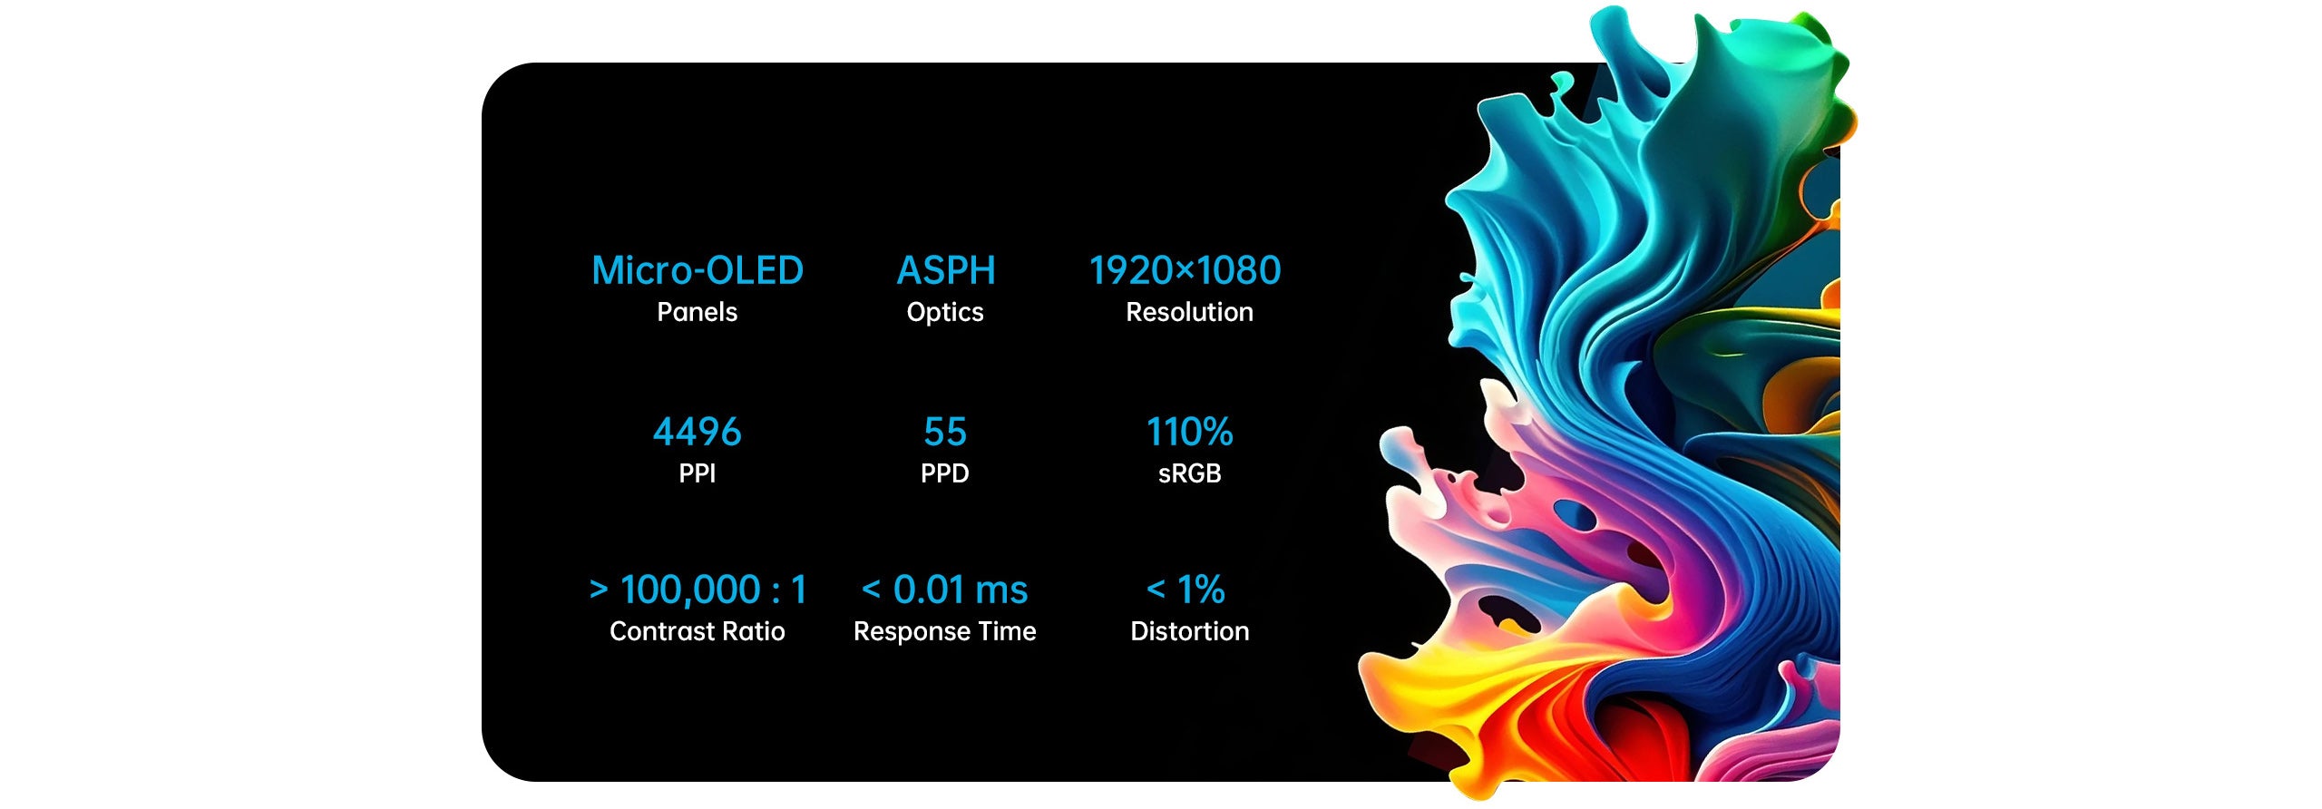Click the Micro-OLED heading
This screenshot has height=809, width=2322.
(698, 270)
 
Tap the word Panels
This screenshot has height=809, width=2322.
(697, 312)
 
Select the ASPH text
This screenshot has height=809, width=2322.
(946, 270)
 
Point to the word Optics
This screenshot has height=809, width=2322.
(945, 313)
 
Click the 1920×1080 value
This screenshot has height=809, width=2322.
(1185, 270)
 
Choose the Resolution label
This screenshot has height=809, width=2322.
(1189, 312)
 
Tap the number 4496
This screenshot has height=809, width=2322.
(697, 432)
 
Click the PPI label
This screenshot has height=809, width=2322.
(697, 473)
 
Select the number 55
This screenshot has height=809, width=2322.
(945, 432)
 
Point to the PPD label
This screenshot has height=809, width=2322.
(945, 473)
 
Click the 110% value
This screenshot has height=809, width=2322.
(1189, 432)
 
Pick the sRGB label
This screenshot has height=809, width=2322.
(1189, 473)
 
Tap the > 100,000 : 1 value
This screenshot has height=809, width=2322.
(698, 590)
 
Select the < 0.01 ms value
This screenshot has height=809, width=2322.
(944, 590)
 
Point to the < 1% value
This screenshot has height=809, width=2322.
(1185, 590)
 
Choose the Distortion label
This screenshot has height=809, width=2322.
(1189, 631)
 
